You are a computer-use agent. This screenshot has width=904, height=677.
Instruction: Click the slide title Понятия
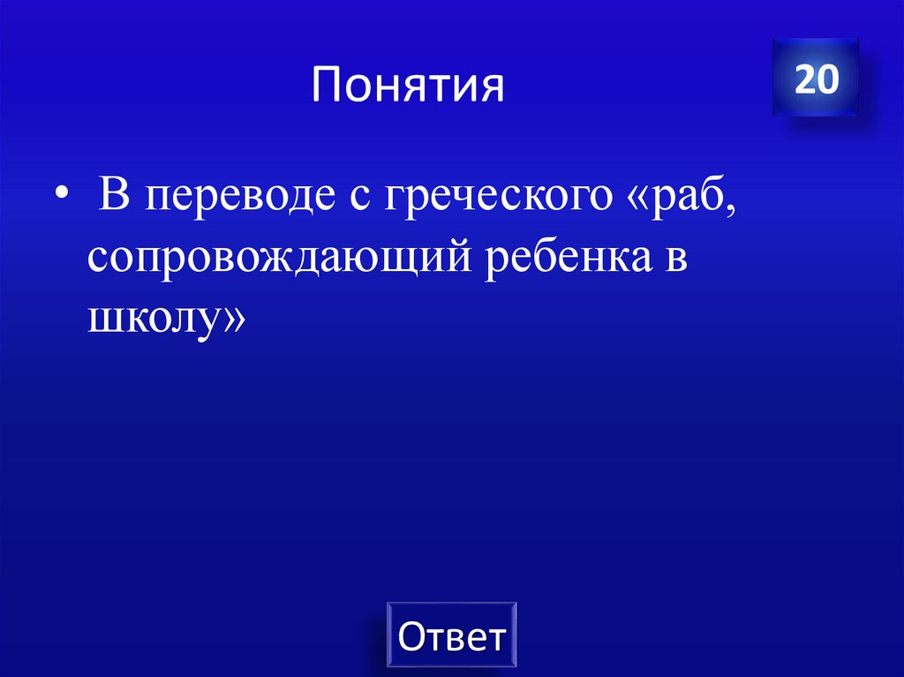pyautogui.click(x=407, y=87)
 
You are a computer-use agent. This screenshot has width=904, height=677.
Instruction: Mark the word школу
pyautogui.click(x=154, y=320)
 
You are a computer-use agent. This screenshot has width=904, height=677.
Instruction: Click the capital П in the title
pyautogui.click(x=326, y=87)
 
